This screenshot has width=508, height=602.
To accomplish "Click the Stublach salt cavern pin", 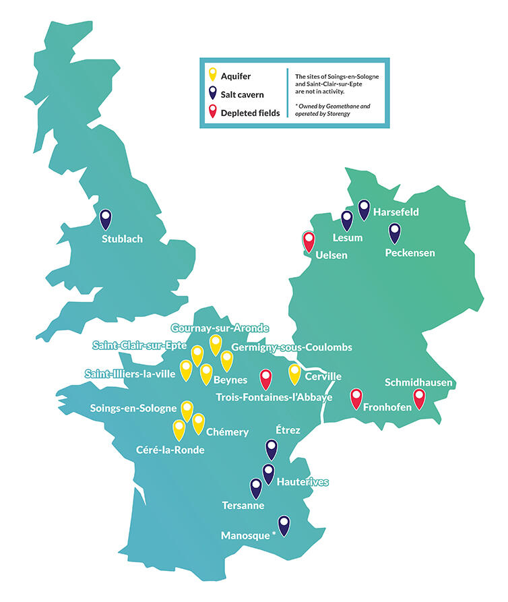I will click(106, 219).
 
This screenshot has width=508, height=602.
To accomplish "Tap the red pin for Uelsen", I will click(309, 241).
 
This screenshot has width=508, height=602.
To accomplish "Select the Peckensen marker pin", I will click(395, 233).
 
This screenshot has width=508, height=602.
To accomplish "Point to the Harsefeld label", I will click(396, 212).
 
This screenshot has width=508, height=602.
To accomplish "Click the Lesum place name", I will click(348, 238).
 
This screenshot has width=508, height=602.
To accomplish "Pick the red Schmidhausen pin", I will click(419, 398).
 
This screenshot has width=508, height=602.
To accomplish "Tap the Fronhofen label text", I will click(387, 407).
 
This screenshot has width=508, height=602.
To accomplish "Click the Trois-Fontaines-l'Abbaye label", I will click(274, 398).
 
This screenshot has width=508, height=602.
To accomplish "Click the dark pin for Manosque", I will click(284, 525).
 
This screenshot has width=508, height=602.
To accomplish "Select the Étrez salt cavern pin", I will click(272, 448).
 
